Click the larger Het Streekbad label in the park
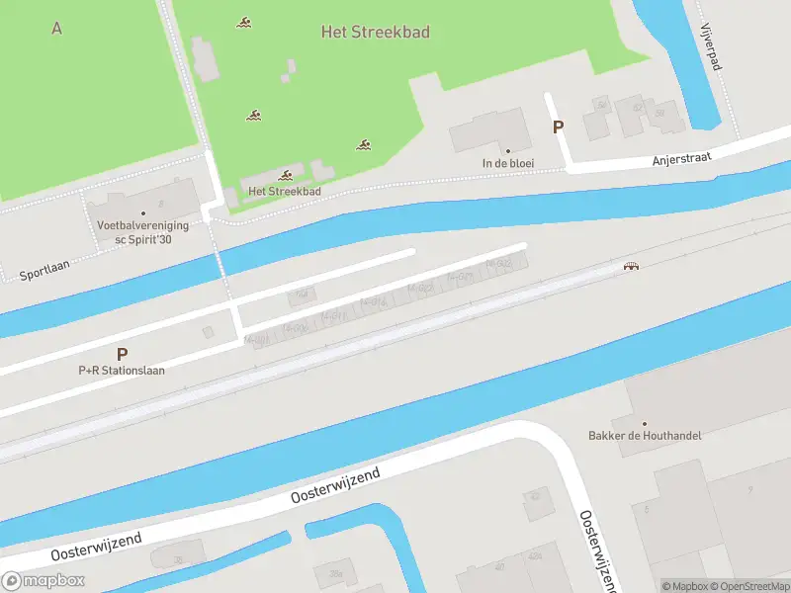[x=376, y=32]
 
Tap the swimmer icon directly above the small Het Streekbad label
[x=286, y=175]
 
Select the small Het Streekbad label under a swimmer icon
[x=285, y=192]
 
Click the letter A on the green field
[x=56, y=28]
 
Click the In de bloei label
[x=508, y=164]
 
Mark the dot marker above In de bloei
[x=508, y=151]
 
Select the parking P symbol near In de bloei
[x=558, y=127]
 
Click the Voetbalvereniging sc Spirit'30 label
[x=142, y=231]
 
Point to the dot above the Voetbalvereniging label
[x=142, y=212]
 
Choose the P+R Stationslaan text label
[x=122, y=371]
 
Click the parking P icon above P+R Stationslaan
[x=122, y=353]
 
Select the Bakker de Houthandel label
[x=645, y=436]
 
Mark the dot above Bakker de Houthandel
[x=645, y=423]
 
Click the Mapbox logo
[x=43, y=581]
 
